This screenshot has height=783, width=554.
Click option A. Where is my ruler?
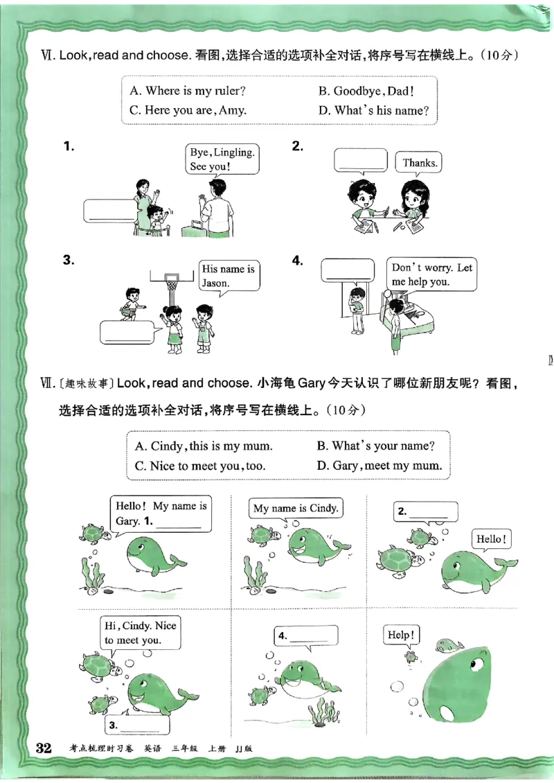pos(187,91)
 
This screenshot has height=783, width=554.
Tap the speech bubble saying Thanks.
pos(419,163)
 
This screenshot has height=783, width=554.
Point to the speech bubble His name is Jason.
pos(229,276)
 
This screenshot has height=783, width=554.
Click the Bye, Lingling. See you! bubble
pos(222,159)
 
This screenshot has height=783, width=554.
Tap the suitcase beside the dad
pos(194,228)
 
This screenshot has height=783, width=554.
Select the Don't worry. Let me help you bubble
pos(431,274)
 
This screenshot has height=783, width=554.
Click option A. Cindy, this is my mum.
pos(203,446)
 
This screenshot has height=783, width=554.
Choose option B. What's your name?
pos(375,446)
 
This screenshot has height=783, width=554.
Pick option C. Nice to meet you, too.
pos(198,466)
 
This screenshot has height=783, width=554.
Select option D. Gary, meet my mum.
pos(379,466)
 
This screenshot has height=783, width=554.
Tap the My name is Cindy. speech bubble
pos(296,508)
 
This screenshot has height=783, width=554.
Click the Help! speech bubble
pos(401,635)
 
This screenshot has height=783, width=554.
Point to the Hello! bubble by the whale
pos(491,539)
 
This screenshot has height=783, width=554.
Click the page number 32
pos(44,748)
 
